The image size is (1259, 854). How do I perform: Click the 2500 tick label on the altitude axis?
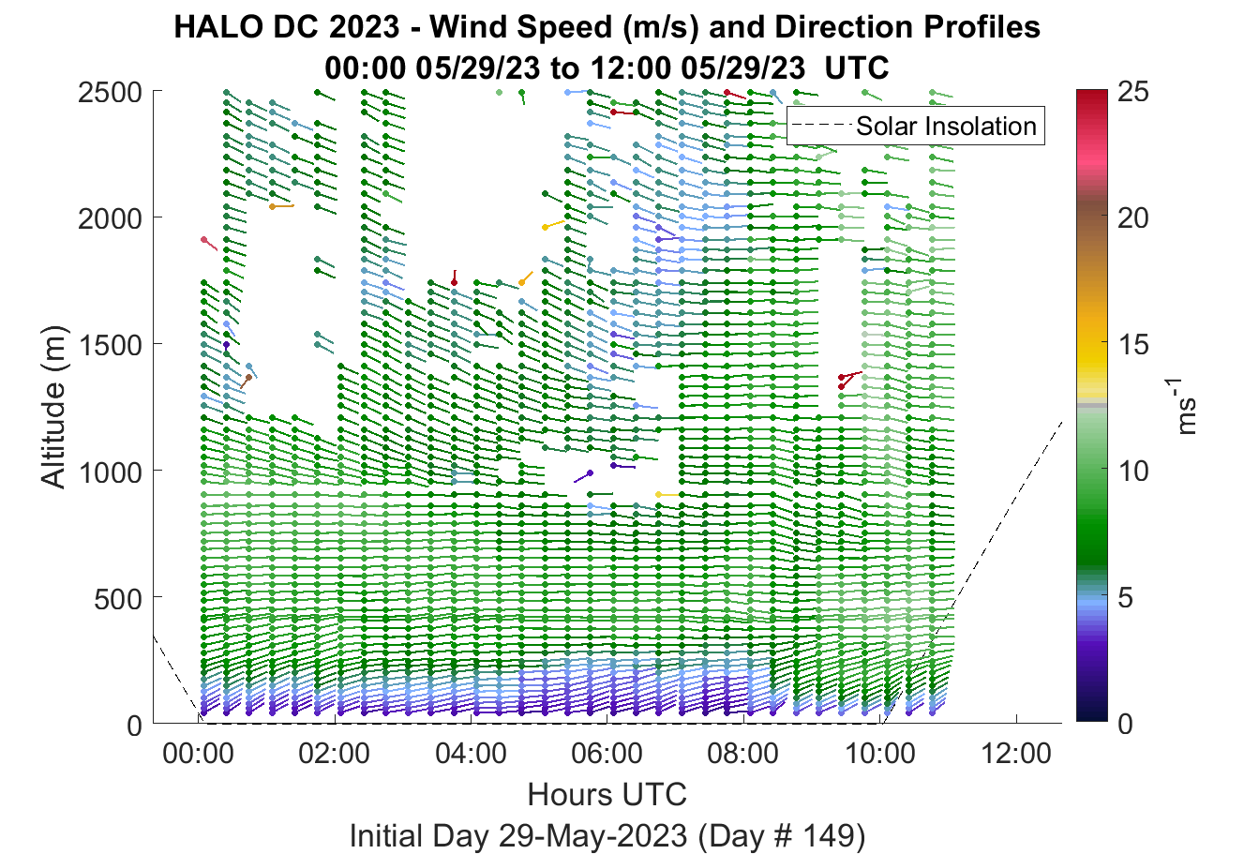click(x=110, y=93)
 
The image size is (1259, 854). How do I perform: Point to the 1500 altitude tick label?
click(x=110, y=345)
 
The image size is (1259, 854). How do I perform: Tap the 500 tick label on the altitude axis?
click(x=118, y=599)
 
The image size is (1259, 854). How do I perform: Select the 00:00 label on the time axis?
click(x=198, y=754)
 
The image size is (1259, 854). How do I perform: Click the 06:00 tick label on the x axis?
click(x=607, y=754)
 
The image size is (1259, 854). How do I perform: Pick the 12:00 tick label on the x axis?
click(x=1015, y=754)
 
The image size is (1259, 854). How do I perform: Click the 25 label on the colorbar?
click(x=1132, y=91)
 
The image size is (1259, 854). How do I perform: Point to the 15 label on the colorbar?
click(x=1132, y=344)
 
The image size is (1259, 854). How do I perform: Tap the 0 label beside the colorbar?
click(x=1125, y=725)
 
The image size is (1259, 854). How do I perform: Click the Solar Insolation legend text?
click(x=946, y=126)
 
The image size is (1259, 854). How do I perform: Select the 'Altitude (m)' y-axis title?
click(x=54, y=407)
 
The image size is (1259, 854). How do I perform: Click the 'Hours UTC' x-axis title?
click(x=607, y=794)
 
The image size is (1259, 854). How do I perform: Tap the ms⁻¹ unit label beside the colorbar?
click(x=1184, y=406)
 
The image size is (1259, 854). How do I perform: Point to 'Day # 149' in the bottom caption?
click(x=782, y=835)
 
